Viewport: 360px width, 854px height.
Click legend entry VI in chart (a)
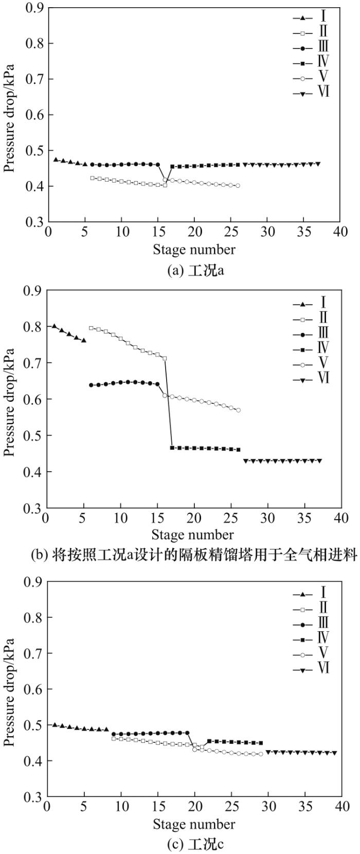pyautogui.click(x=311, y=93)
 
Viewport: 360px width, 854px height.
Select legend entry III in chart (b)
pyautogui.click(x=311, y=333)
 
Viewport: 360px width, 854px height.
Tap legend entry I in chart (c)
pyautogui.click(x=311, y=593)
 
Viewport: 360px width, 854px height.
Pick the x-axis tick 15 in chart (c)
pyautogui.click(x=157, y=807)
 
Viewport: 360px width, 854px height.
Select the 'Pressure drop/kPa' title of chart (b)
pyautogui.click(x=10, y=399)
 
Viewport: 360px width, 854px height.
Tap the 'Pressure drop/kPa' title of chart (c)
pyautogui.click(x=10, y=689)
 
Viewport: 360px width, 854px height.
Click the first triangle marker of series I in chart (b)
pyautogui.click(x=54, y=326)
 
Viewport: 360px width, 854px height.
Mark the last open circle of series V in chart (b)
pyautogui.click(x=238, y=410)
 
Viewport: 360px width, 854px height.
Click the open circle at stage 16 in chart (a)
pyautogui.click(x=165, y=180)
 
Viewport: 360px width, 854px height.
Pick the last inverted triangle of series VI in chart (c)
pyautogui.click(x=334, y=753)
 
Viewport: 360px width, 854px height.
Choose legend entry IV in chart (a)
pyautogui.click(x=311, y=63)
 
